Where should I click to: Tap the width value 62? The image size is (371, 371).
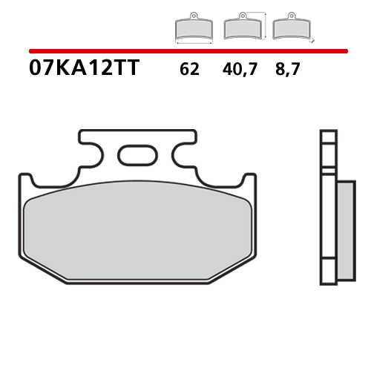(189, 71)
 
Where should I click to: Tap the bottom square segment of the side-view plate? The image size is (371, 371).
(326, 275)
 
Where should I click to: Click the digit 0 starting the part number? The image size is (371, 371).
(34, 70)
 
